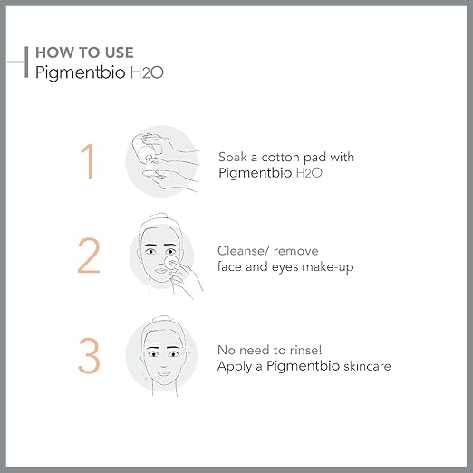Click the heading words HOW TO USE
84,53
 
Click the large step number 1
88,161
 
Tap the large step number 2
89,256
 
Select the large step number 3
89,355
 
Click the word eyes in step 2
285,268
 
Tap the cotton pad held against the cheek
170,262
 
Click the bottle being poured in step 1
148,148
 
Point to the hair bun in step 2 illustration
160,217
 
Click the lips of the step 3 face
164,373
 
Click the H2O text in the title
147,72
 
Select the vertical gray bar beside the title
26,63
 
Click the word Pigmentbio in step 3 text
304,366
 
